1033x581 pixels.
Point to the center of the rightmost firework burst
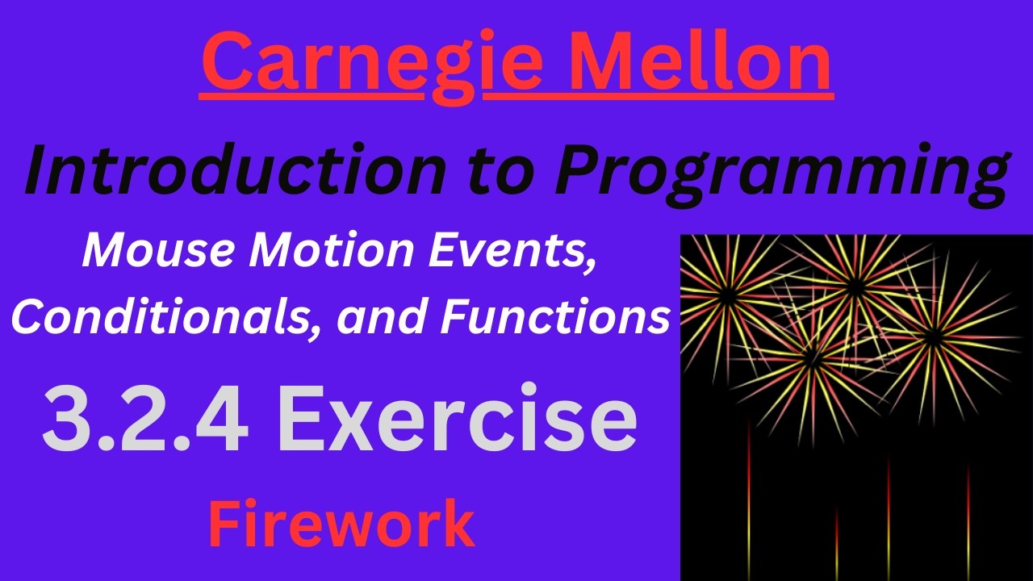pyautogui.click(x=934, y=338)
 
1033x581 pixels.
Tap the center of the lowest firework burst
pyautogui.click(x=812, y=355)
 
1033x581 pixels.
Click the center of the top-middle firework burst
pyautogui.click(x=856, y=285)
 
